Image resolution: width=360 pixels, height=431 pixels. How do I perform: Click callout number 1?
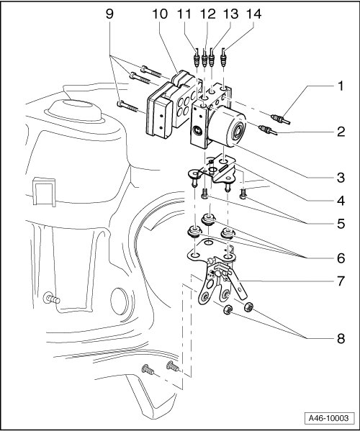click(341, 86)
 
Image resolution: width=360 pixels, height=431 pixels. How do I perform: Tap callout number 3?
click(341, 178)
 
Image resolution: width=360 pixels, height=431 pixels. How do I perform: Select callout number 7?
click(341, 281)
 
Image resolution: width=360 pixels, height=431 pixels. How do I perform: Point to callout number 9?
click(109, 14)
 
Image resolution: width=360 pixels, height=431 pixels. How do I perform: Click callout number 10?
click(160, 14)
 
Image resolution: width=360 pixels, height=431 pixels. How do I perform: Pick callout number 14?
click(254, 14)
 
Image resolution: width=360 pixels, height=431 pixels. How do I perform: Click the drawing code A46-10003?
click(328, 418)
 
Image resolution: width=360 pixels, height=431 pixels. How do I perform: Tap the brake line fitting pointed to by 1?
click(280, 119)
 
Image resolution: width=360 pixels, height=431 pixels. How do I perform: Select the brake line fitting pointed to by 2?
click(268, 130)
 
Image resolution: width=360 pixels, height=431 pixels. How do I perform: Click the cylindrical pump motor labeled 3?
click(227, 127)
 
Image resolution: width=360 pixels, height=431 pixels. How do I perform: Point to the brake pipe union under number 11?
click(197, 58)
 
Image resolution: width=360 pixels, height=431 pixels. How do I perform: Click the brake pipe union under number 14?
click(224, 58)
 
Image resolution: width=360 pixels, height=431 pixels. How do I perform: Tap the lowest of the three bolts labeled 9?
click(127, 106)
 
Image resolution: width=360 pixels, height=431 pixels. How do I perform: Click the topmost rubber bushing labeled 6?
click(209, 219)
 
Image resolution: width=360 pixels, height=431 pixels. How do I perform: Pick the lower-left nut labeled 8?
click(228, 310)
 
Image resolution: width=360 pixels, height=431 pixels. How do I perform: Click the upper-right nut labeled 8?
click(248, 307)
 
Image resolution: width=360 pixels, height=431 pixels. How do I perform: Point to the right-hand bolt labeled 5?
click(243, 194)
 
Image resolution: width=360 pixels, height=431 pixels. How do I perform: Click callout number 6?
click(341, 258)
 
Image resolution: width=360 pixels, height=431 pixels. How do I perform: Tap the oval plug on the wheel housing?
click(119, 301)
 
